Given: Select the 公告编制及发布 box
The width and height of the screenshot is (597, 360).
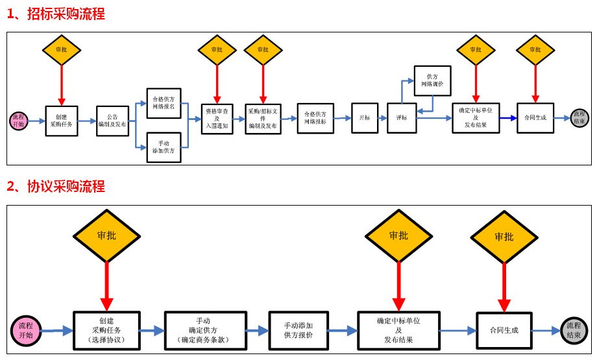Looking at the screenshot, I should tap(112, 121).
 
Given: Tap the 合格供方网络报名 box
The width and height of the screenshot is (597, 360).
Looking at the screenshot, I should tap(164, 103).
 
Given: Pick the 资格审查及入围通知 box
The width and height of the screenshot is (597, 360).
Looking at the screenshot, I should tap(217, 118).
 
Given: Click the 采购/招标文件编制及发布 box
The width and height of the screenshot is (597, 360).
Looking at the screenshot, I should tap(263, 119).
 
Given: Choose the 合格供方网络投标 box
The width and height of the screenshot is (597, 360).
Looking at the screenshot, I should tap(315, 118).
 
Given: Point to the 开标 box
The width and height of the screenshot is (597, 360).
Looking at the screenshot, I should tap(365, 118).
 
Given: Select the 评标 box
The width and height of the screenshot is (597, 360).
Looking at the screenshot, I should tap(402, 118).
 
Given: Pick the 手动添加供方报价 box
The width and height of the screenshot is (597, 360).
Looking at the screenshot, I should tap(298, 330).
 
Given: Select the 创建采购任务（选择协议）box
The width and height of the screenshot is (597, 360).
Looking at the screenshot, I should tap(106, 330).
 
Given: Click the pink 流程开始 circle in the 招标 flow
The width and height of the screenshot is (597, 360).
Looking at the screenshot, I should tap(19, 121).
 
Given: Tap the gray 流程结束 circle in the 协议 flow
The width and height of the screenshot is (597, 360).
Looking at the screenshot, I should tap(574, 330).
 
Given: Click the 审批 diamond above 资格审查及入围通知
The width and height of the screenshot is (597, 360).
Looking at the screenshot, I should tap(217, 50).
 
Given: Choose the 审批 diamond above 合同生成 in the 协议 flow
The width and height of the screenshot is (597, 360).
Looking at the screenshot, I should tap(504, 237).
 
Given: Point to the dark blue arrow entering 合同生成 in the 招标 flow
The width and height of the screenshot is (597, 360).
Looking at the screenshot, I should tap(509, 118).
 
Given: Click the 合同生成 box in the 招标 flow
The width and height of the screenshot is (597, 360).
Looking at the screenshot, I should tap(535, 118).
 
